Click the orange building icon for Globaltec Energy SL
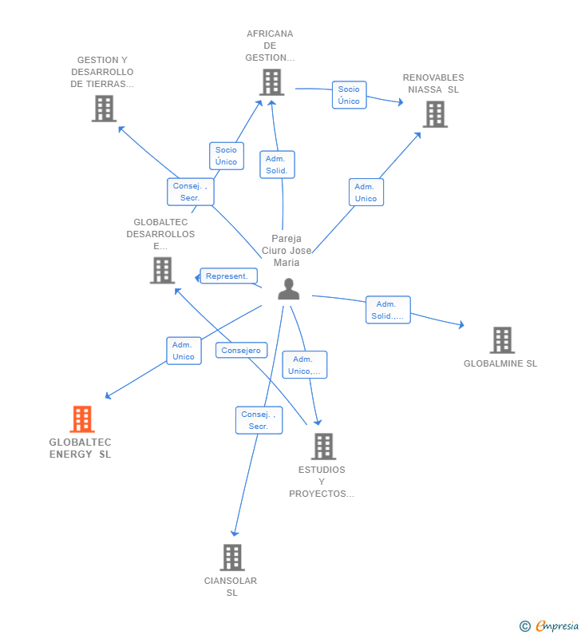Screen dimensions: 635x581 click(82, 419)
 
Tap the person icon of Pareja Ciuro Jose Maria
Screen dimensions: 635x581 click(288, 289)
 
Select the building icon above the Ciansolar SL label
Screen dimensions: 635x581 click(231, 557)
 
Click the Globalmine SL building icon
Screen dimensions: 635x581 click(501, 340)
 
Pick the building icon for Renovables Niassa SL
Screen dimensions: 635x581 click(434, 114)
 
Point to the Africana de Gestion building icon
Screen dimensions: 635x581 click(271, 81)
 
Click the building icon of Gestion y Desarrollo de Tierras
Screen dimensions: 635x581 click(104, 108)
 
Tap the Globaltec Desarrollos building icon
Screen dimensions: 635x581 click(162, 270)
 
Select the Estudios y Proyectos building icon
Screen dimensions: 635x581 click(323, 446)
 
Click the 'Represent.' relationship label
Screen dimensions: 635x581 click(228, 276)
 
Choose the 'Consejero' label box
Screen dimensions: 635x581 click(241, 350)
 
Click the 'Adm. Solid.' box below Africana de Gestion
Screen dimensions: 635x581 click(277, 165)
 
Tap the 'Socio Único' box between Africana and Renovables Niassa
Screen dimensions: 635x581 click(349, 95)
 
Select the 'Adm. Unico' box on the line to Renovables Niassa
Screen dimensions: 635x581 click(366, 192)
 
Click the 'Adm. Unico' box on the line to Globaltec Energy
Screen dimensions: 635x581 click(184, 351)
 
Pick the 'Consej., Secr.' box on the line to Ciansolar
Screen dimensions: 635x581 click(259, 420)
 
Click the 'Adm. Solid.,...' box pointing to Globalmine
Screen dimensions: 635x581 click(387, 310)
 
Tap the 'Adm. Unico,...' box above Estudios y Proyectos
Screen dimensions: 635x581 click(304, 365)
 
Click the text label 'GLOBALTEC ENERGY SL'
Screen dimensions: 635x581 click(81, 448)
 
